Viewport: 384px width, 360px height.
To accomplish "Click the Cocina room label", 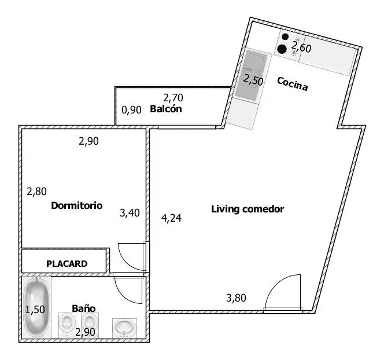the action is coord(292,84).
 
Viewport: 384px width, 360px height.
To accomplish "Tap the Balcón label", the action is coord(166,109).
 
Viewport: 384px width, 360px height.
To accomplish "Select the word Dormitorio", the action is coord(77,205).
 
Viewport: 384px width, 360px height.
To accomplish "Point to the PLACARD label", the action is coord(67,264).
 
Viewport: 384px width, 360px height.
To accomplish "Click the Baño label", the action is coord(83,308).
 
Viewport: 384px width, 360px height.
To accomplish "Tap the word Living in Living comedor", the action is coord(225,209).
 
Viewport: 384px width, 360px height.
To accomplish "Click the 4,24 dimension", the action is coord(171,218).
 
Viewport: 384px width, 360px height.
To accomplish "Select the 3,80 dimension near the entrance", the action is coord(236,297).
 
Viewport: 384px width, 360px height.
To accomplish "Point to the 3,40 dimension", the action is coord(130,213).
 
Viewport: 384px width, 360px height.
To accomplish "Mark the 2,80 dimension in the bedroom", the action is coord(36,192).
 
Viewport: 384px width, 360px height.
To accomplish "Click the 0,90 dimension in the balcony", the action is coord(131,110).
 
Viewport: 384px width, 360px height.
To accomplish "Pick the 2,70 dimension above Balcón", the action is coord(173,98).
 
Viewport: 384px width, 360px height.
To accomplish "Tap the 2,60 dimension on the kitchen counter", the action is coord(301,47).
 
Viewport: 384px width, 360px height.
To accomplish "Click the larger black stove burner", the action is coord(282,49).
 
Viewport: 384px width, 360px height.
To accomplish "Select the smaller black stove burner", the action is coord(285,37).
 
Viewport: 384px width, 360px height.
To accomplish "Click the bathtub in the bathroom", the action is coord(36,307).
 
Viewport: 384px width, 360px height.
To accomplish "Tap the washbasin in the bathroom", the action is coord(124,328).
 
